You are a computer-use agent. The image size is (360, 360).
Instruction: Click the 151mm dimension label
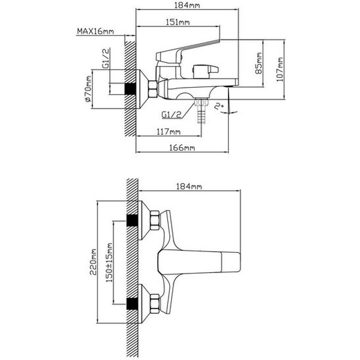[x=179, y=23]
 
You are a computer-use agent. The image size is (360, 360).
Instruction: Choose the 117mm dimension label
[x=169, y=131]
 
